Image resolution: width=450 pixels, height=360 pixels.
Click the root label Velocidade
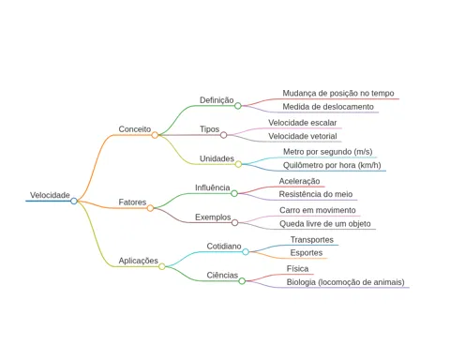click(x=50, y=195)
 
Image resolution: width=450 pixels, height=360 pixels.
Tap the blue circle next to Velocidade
click(x=74, y=201)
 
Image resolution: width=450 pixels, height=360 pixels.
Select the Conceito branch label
click(x=135, y=129)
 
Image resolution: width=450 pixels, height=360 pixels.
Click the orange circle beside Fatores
click(x=150, y=208)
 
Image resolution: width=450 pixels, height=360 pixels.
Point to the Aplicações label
click(x=139, y=261)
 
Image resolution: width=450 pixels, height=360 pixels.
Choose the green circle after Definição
click(x=238, y=106)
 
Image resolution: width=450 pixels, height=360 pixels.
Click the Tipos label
click(x=209, y=129)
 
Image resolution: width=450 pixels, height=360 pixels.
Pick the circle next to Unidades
click(x=238, y=164)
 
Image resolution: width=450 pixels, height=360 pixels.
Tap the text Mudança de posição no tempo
click(x=338, y=93)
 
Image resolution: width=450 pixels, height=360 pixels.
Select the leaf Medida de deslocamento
click(x=328, y=107)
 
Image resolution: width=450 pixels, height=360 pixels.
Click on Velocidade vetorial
click(x=303, y=136)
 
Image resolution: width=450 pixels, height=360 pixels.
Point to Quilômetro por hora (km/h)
click(x=332, y=165)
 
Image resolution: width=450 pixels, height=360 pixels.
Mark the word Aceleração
click(x=299, y=181)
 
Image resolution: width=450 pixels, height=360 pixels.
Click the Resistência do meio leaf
click(x=316, y=194)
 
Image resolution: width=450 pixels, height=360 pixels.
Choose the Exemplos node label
click(x=213, y=217)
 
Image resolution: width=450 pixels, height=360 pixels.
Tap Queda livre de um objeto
click(x=325, y=224)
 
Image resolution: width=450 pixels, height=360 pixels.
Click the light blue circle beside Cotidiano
click(x=246, y=251)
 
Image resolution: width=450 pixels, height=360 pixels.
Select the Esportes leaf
click(x=307, y=253)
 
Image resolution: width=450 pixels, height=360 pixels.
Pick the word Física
click(x=297, y=269)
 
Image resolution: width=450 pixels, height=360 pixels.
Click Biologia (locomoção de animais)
click(x=345, y=282)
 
